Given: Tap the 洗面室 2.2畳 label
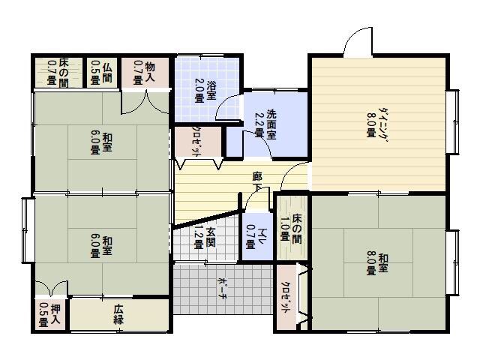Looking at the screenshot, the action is [x=265, y=124].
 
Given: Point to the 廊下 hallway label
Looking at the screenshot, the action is [x=257, y=181].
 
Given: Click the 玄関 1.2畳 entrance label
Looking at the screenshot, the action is [x=205, y=238].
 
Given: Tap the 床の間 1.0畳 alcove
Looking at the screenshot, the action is [x=292, y=229].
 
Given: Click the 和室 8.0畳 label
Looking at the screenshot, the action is [x=377, y=263].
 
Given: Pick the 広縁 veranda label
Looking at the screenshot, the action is [x=118, y=315].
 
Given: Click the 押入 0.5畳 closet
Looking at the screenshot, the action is [x=50, y=314].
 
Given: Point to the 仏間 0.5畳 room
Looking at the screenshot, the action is [x=102, y=73].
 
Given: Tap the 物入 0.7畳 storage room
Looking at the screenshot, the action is [x=145, y=73].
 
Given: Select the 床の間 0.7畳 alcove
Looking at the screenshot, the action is [x=58, y=73].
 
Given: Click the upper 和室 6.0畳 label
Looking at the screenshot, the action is [x=101, y=142].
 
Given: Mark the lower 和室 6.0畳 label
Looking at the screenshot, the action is [x=101, y=247].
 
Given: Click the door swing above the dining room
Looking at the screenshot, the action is [x=358, y=42].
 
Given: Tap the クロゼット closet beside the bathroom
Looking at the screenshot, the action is [x=198, y=142].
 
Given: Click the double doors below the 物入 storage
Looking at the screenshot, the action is [x=145, y=102].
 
